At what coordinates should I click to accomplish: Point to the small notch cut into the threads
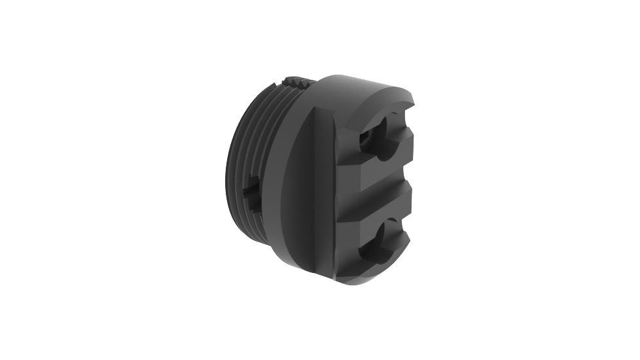point(252,194)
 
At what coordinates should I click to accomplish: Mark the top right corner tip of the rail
point(414,98)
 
